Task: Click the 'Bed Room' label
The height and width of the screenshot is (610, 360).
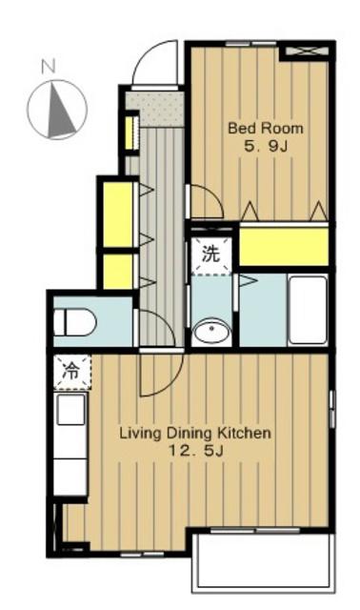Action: (x=265, y=128)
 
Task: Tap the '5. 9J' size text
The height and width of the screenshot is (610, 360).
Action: (x=266, y=146)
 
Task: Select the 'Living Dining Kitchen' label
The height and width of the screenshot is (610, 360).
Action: (x=195, y=433)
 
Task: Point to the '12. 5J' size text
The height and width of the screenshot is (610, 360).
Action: (x=195, y=451)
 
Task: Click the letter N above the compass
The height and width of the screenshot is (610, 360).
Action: (x=49, y=67)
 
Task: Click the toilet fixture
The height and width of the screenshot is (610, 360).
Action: (x=74, y=322)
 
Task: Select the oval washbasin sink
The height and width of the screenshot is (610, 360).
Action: (x=211, y=332)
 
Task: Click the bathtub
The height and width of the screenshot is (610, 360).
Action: (x=308, y=310)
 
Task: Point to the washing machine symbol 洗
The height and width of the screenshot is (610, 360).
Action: (x=210, y=254)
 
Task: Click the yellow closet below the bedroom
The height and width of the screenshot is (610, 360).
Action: (x=284, y=247)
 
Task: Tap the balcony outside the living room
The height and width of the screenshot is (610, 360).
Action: (x=263, y=561)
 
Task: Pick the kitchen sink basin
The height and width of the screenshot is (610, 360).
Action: (x=70, y=409)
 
